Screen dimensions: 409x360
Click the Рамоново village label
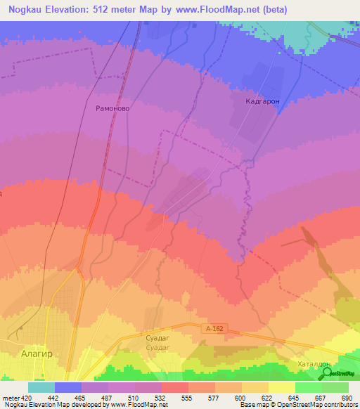click(x=110, y=108)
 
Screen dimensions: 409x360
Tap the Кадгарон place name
click(x=263, y=101)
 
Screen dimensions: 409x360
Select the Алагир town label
click(x=37, y=355)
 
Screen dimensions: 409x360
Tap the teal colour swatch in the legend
click(x=41, y=387)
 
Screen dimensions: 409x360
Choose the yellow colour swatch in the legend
click(x=282, y=387)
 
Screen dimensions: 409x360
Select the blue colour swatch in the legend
click(x=68, y=387)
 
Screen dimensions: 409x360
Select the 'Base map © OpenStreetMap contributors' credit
click(x=298, y=405)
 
